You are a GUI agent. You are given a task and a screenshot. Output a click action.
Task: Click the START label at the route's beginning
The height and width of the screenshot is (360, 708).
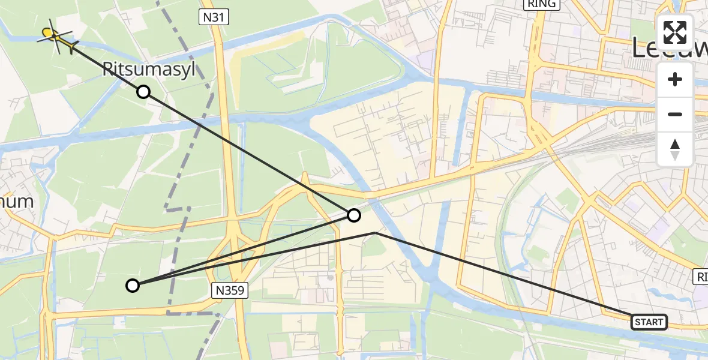(649, 322)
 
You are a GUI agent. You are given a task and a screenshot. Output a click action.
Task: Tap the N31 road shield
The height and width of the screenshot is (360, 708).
(214, 17)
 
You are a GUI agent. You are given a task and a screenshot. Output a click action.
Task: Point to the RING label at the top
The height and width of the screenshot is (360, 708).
(542, 4)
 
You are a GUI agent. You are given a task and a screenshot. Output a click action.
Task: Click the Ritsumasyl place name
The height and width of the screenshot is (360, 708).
(149, 70)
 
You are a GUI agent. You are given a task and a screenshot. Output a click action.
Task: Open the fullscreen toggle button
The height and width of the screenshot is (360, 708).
(675, 32)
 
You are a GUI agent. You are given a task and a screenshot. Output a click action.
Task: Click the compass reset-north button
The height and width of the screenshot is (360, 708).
(675, 149)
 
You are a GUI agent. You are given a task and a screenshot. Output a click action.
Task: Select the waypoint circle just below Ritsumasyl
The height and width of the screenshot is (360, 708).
(143, 92)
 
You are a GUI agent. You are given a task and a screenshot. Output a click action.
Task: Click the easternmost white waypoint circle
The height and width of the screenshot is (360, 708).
(354, 215)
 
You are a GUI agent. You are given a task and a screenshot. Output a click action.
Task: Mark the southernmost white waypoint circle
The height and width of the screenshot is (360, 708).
(133, 286)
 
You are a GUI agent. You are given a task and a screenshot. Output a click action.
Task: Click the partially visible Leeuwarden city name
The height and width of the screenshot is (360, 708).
(669, 48)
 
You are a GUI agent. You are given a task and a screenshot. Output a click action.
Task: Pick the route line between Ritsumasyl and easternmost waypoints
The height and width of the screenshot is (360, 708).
(248, 153)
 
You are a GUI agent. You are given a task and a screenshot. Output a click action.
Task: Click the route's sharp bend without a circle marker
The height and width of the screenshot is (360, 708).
(374, 232)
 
